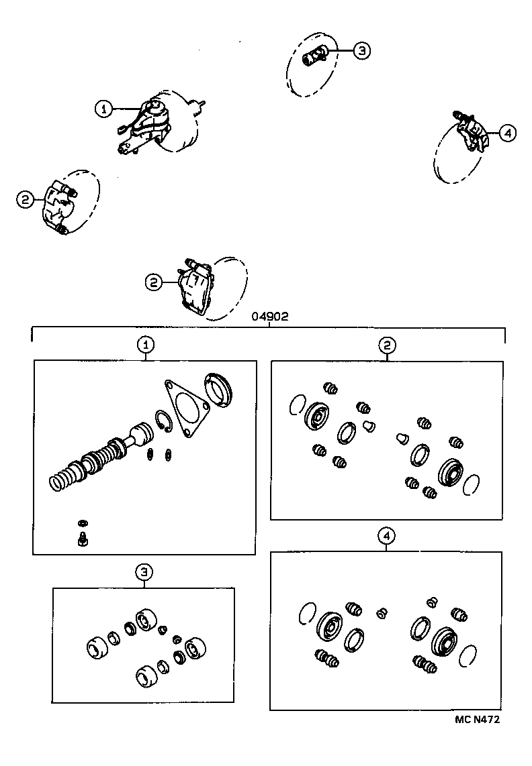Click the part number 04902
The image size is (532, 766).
click(x=269, y=317)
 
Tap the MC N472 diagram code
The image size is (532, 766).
click(x=477, y=720)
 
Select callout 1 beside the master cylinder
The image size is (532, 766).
click(x=103, y=109)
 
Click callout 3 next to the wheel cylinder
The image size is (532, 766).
click(x=361, y=50)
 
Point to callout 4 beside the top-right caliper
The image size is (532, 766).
click(x=507, y=133)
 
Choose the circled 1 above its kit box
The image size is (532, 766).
click(x=145, y=345)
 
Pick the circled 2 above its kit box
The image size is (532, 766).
click(x=387, y=345)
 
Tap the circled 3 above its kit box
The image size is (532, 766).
click(x=144, y=571)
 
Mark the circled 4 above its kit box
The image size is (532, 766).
click(x=386, y=535)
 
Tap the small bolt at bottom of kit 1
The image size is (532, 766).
click(x=83, y=539)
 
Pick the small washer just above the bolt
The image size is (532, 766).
click(x=83, y=523)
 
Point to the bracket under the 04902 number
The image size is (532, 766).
click(x=269, y=327)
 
